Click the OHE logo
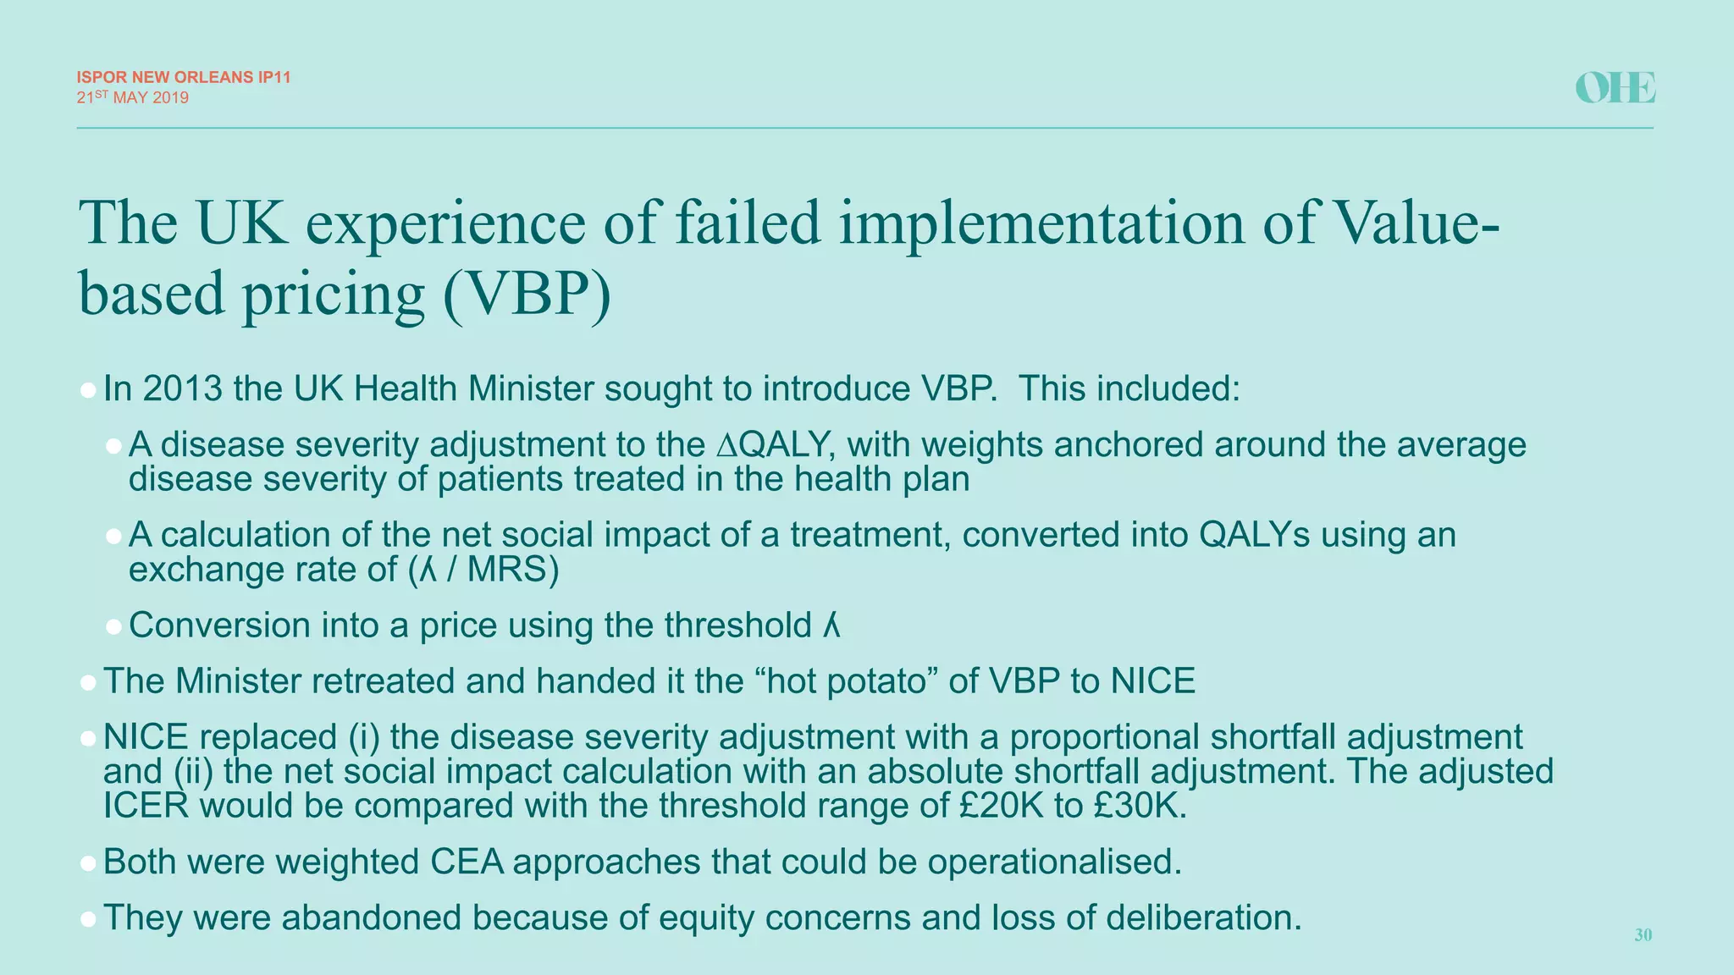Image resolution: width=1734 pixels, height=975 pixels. (1615, 88)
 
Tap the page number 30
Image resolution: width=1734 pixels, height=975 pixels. (1643, 935)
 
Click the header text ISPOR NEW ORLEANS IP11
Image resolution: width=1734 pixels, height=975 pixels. (184, 77)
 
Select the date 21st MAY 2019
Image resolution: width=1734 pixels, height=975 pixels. (133, 97)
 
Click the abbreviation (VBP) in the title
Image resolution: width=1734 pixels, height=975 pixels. (526, 294)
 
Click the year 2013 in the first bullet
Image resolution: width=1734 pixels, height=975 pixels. (182, 388)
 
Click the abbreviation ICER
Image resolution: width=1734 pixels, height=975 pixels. (146, 805)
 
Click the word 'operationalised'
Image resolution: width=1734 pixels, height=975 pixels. (1054, 862)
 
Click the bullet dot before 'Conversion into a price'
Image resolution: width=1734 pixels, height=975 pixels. (114, 627)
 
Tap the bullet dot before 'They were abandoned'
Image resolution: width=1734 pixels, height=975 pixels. (88, 919)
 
